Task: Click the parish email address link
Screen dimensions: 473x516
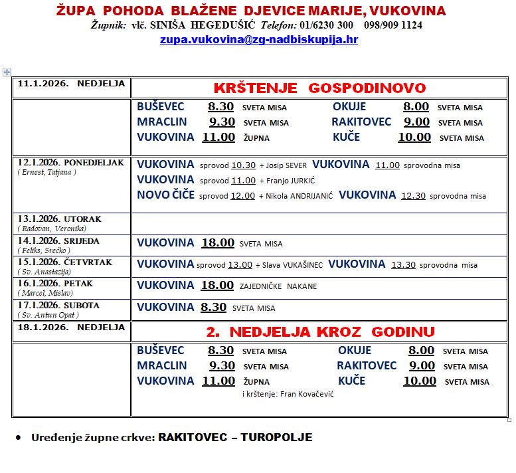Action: [259, 40]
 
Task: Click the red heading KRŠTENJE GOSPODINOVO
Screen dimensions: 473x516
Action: [319, 88]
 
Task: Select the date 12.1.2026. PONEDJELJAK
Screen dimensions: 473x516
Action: [70, 163]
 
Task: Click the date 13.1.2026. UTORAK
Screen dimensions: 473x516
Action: [60, 219]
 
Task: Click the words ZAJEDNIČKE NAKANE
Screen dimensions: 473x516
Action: [278, 286]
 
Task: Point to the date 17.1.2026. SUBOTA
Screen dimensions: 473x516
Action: [58, 306]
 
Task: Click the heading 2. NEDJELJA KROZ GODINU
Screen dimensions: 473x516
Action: [319, 331]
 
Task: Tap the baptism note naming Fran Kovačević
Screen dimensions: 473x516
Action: [288, 394]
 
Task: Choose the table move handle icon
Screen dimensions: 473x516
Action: [7, 72]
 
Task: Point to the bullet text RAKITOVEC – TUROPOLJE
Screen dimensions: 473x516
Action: [235, 437]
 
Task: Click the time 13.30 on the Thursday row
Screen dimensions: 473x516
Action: [403, 264]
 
